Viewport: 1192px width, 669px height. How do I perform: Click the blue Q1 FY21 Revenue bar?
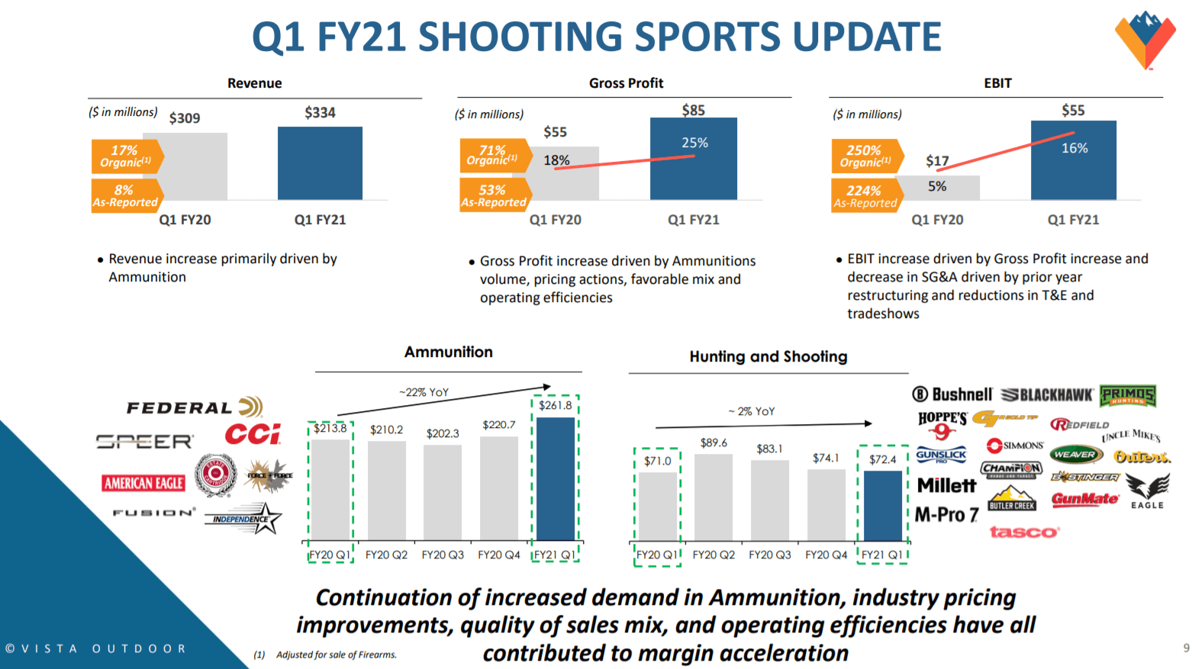coord(320,163)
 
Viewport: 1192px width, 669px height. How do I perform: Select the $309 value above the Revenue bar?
coord(185,118)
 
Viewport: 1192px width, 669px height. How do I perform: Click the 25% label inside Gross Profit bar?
coord(694,143)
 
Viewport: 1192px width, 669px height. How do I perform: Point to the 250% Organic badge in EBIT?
coord(865,156)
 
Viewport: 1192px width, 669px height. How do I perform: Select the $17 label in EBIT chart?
coord(937,161)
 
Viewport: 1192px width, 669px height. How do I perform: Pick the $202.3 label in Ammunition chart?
coord(443,433)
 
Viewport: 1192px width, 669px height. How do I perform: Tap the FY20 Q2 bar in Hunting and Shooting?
coord(714,497)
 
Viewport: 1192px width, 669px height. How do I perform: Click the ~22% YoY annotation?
coord(424,392)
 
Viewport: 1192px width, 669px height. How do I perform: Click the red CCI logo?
coord(253,435)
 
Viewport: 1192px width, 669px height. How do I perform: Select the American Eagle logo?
coord(143,483)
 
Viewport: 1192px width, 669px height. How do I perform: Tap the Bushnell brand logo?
coord(952,394)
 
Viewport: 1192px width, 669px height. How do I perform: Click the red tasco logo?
coord(1024,532)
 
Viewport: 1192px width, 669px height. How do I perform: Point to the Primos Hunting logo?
coord(1127,395)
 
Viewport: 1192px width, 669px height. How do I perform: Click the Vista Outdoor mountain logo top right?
coord(1145,39)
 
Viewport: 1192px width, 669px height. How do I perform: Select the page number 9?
coord(1186,648)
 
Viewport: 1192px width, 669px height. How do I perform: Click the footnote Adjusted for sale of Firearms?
coord(336,655)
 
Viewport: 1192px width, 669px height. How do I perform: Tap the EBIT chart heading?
coord(997,83)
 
